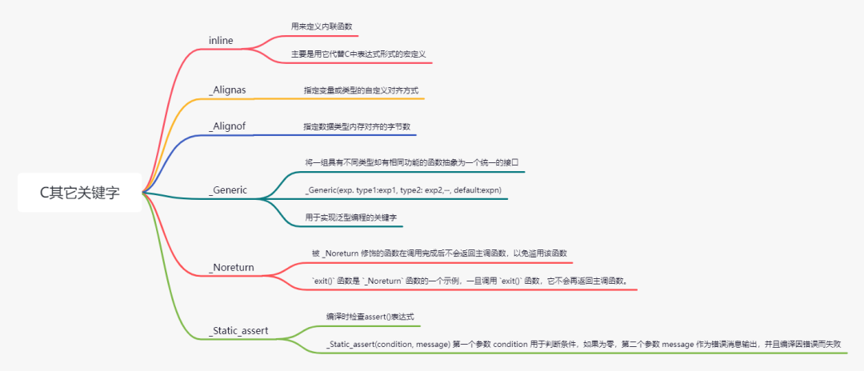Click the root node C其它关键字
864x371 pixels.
pos(80,193)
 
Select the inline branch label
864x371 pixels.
pos(221,40)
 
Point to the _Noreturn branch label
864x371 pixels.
pos(233,266)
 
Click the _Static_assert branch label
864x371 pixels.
pos(238,329)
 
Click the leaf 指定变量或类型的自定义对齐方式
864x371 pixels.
pos(361,90)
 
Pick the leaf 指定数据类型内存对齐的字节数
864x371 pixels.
pos(357,126)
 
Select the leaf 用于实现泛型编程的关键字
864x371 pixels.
pos(350,217)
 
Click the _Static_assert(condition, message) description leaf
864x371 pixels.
pos(583,344)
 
